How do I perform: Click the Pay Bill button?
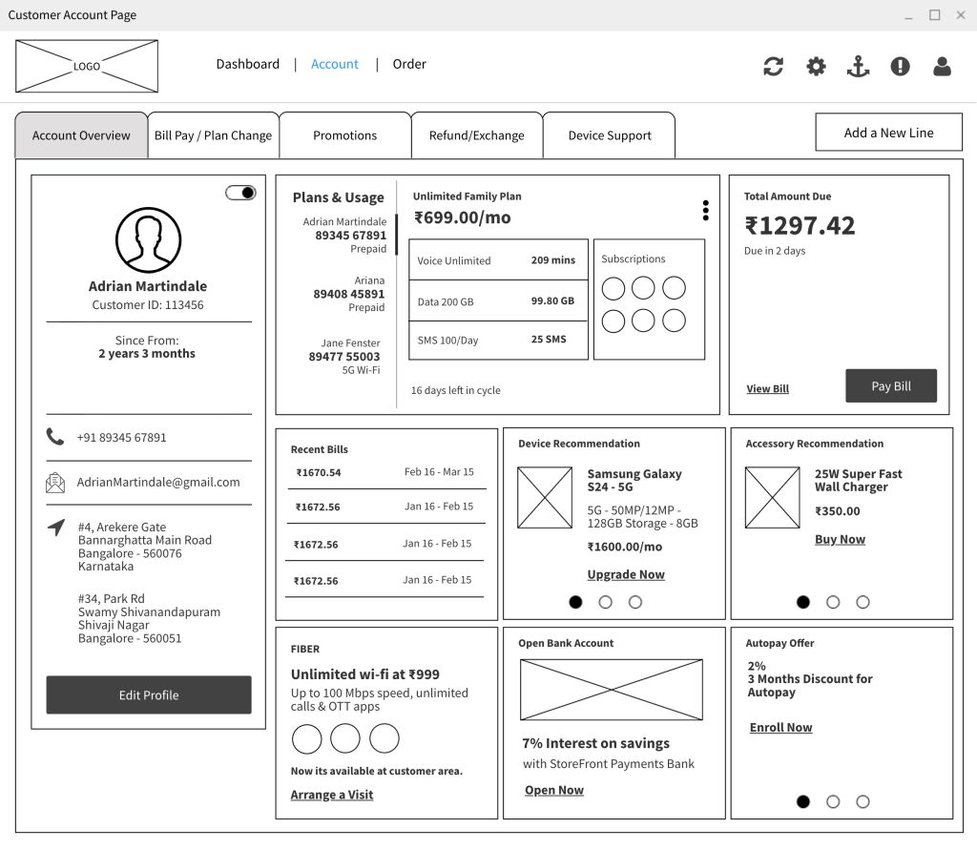[x=891, y=386]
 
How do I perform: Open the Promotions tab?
[x=344, y=135]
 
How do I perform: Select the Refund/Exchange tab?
[x=476, y=135]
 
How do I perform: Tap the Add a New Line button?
[x=888, y=133]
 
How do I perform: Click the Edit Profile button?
[x=149, y=695]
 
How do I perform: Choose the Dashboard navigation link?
[x=247, y=64]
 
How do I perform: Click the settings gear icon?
[x=816, y=66]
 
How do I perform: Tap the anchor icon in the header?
[x=858, y=66]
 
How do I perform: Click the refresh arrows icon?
[x=773, y=66]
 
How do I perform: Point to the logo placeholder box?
[x=87, y=66]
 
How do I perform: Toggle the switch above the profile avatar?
[x=241, y=193]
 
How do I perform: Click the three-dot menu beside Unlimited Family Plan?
[x=705, y=211]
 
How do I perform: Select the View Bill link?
[x=767, y=389]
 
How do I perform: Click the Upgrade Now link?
[x=626, y=574]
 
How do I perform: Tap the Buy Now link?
[x=840, y=539]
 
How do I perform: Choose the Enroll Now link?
[x=780, y=727]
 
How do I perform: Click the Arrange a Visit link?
[x=332, y=795]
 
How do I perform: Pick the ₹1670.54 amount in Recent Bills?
[x=319, y=472]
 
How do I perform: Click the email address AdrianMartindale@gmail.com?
[x=158, y=483]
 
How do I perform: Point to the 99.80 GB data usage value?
[x=552, y=301]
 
